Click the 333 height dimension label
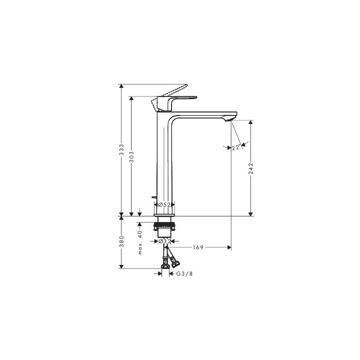coord(121,149)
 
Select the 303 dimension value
coord(131,157)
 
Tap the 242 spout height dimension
coord(250,168)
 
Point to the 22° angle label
coord(236,147)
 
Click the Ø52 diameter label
coord(164,204)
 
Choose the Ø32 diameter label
coord(165,241)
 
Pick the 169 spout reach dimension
coord(198,247)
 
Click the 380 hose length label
coord(121,241)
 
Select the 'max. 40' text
coord(140,242)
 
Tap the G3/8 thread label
coord(184,273)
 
